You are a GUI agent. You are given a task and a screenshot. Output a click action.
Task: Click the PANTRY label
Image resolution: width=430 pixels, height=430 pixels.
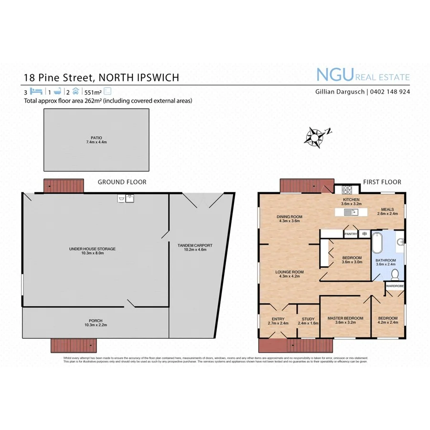351,234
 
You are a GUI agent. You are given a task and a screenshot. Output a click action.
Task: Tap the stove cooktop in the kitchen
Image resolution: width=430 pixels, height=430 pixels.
343,188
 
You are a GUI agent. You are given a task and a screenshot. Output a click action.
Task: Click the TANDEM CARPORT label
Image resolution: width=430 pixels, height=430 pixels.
195,246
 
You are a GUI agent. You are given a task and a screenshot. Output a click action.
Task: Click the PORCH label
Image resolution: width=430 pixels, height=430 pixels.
95,321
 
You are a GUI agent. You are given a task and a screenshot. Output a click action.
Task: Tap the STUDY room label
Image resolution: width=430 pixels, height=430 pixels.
308,319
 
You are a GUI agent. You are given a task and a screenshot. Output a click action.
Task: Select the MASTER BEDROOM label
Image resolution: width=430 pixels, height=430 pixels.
345,318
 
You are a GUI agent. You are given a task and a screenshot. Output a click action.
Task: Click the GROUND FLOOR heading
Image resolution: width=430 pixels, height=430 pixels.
122,182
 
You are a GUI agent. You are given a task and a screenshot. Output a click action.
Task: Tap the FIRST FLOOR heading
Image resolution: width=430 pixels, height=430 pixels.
382,182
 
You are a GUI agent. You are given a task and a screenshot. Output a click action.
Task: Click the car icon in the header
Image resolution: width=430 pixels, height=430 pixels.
76,91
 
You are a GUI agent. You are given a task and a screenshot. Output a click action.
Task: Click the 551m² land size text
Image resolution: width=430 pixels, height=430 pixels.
93,92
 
